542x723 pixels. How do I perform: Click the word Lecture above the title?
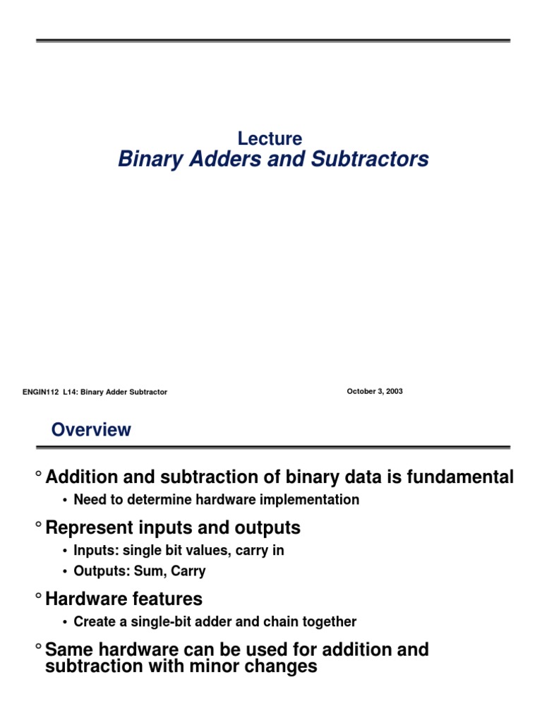(x=270, y=139)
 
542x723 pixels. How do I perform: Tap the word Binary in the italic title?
(x=146, y=160)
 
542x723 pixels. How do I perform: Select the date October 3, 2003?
(x=375, y=391)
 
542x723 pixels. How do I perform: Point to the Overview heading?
(x=91, y=430)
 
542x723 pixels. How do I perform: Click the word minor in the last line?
(x=232, y=666)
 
